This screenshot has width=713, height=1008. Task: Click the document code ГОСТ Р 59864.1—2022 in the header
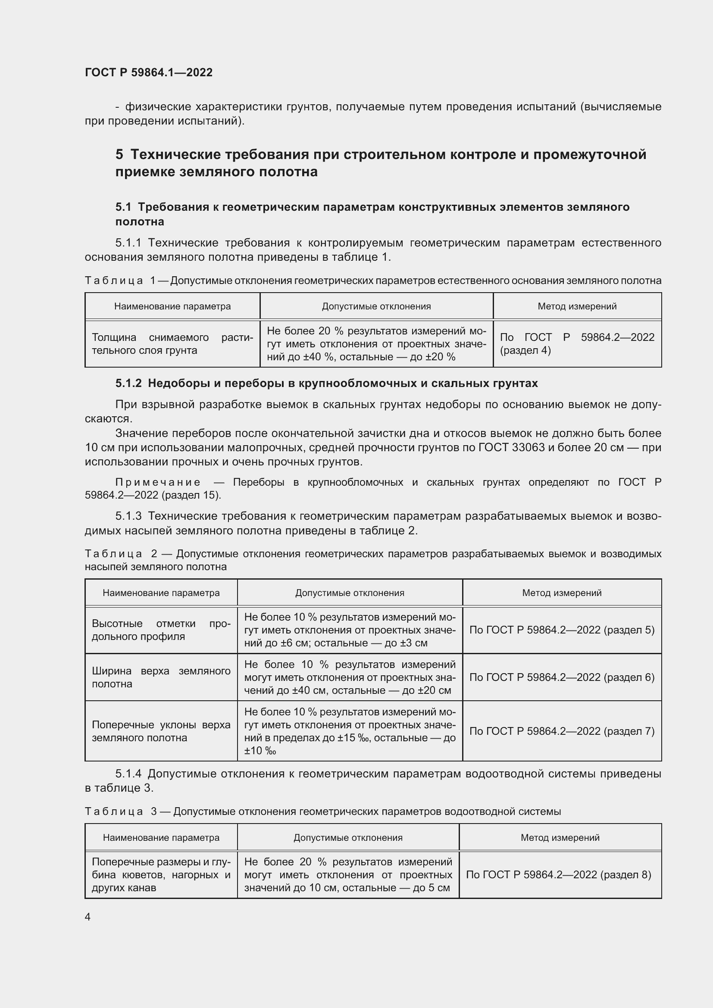click(148, 72)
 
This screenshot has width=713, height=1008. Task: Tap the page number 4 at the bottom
click(88, 917)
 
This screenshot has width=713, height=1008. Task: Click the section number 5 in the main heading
click(119, 155)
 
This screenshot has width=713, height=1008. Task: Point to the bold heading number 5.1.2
click(128, 383)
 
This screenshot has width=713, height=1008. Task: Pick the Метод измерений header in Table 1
click(577, 306)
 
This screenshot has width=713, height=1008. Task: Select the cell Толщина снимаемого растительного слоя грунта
click(172, 344)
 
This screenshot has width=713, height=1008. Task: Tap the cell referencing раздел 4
click(577, 344)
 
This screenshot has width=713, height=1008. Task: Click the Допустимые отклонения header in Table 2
click(350, 593)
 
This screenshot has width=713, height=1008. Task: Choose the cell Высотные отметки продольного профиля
click(161, 630)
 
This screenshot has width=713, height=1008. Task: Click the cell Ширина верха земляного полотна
click(161, 677)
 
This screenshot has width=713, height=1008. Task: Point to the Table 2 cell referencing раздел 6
click(562, 677)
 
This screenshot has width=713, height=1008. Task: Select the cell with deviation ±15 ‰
click(350, 731)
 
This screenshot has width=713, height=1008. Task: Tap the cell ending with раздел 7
click(562, 731)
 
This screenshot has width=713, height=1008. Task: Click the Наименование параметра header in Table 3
click(161, 838)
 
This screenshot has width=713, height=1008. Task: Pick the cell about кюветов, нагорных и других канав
click(161, 874)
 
